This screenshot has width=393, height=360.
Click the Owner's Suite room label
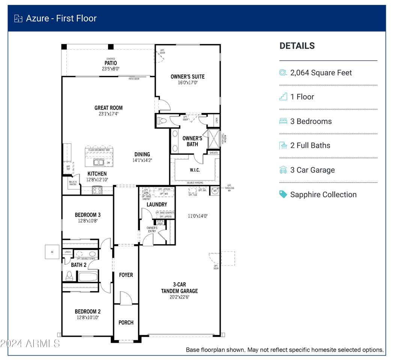(187, 76)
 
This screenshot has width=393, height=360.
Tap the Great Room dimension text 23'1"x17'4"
(108, 114)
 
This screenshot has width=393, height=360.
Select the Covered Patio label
(110, 63)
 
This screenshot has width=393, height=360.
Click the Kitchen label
(97, 174)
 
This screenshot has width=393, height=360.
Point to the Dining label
(142, 154)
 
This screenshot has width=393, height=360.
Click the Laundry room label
(157, 204)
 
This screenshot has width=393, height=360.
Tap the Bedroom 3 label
(87, 215)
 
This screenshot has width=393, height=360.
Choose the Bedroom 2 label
(87, 311)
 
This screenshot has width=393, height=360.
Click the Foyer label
(126, 275)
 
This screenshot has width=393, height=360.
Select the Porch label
(126, 322)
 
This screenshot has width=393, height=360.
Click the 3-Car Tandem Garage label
(179, 288)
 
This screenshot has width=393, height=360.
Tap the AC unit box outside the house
(52, 252)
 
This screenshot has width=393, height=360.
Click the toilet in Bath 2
(69, 276)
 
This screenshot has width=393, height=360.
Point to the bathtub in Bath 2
(88, 277)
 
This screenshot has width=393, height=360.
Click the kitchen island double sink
(99, 162)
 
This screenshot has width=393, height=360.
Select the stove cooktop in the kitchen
(97, 190)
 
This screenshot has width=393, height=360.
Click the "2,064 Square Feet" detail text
(321, 73)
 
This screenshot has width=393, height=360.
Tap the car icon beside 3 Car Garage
(283, 170)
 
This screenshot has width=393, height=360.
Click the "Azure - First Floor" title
(61, 18)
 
